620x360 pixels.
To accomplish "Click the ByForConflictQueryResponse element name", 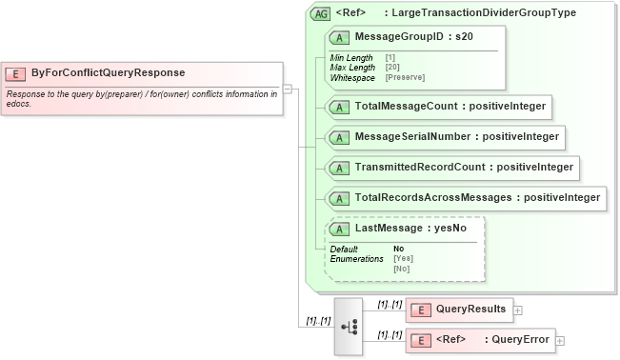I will (x=108, y=73).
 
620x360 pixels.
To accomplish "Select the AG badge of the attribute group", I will (x=321, y=13).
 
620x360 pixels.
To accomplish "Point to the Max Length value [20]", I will (x=391, y=68).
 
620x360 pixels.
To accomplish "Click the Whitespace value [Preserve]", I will (x=405, y=76).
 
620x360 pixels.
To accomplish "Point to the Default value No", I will (x=398, y=250).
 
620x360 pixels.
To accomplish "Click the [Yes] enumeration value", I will (x=403, y=259).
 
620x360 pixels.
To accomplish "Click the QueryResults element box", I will (x=459, y=309).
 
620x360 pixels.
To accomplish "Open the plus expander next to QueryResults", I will (x=517, y=310).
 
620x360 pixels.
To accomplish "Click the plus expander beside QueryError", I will (x=560, y=341).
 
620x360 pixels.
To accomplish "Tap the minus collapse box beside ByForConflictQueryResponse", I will (x=288, y=90).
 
